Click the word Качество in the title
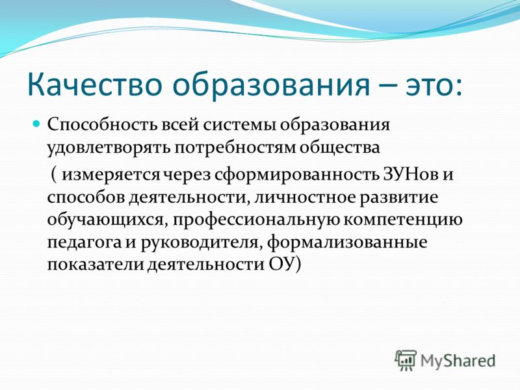pyautogui.click(x=94, y=86)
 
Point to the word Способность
pyautogui.click(x=102, y=125)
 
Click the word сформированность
pyautogui.click(x=296, y=174)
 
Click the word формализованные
pyautogui.click(x=347, y=242)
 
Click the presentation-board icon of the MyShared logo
pyautogui.click(x=406, y=360)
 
